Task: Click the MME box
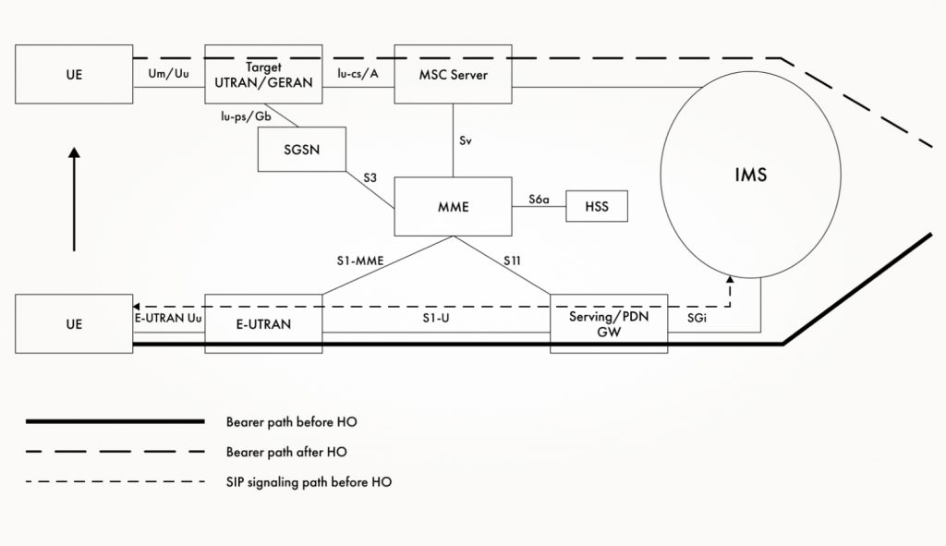[x=453, y=207]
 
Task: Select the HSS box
[x=596, y=206]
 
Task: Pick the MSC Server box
[x=453, y=74]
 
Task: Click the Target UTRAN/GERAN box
[x=263, y=74]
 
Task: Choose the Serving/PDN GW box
[x=608, y=323]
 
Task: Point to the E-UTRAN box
[x=263, y=323]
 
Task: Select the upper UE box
[x=74, y=74]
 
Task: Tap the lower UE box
[x=74, y=323]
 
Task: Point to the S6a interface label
[x=539, y=199]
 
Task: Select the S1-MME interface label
[x=358, y=261]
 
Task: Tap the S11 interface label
[x=513, y=261]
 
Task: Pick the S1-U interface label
[x=436, y=316]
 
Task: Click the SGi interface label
[x=698, y=317]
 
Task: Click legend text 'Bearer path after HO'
[x=286, y=452]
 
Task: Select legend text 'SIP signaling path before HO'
[x=309, y=482]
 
